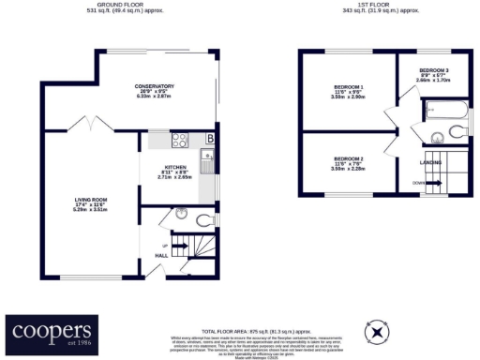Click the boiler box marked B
[x=210, y=140]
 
